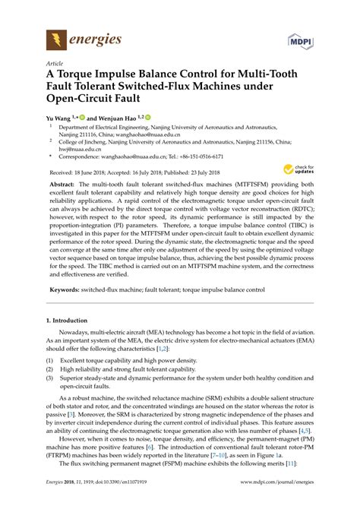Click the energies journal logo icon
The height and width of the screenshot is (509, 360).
click(x=55, y=39)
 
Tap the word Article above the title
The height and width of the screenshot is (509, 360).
click(x=55, y=64)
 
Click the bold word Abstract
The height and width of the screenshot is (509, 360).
click(x=65, y=185)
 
